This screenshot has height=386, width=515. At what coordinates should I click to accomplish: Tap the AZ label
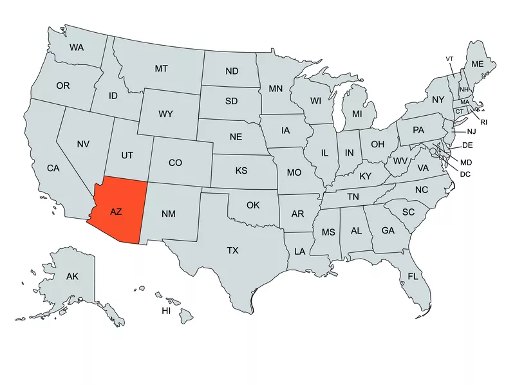117,211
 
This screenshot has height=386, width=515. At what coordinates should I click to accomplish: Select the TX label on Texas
232,250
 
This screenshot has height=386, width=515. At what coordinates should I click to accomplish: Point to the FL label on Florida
413,277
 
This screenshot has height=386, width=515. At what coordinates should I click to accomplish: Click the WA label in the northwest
77,47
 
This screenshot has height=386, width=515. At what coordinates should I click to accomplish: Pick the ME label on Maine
477,64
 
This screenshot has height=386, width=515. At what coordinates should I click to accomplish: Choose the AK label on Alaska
72,276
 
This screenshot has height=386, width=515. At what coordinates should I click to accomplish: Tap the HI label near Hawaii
166,311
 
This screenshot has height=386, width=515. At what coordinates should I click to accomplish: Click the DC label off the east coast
465,174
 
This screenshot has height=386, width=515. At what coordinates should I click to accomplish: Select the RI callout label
484,122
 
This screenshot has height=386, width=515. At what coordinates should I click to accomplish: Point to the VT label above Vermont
449,59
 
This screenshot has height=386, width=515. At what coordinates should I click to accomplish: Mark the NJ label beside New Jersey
471,131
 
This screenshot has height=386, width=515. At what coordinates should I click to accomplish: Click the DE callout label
468,145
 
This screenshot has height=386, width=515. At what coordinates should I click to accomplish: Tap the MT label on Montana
162,68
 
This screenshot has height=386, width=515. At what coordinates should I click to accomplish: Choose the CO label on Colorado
175,163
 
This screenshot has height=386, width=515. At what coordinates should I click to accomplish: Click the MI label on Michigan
357,114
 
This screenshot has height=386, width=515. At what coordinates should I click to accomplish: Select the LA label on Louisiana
300,252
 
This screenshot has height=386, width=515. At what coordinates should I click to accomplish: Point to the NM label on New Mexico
169,213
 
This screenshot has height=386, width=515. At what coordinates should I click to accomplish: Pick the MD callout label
466,161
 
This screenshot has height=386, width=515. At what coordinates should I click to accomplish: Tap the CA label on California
53,168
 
